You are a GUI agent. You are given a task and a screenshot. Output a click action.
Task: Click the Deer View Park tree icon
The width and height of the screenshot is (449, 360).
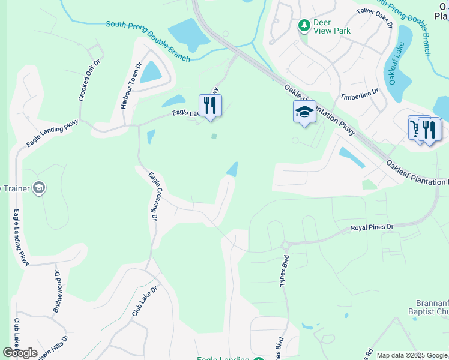coord(304,25)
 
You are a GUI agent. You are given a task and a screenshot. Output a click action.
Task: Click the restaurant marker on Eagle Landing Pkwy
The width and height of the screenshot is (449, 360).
coord(210,106)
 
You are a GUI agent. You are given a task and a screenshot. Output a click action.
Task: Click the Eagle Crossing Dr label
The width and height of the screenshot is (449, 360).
coord(152,196)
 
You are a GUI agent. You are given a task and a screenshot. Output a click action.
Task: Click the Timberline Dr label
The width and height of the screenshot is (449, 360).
coord(360,94)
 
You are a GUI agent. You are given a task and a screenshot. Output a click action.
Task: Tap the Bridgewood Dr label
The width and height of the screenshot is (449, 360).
coord(58,292)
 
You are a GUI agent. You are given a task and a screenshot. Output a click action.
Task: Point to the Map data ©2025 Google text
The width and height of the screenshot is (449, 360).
coord(412,355)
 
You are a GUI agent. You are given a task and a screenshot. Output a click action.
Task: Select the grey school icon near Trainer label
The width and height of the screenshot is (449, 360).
coord(39,188)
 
